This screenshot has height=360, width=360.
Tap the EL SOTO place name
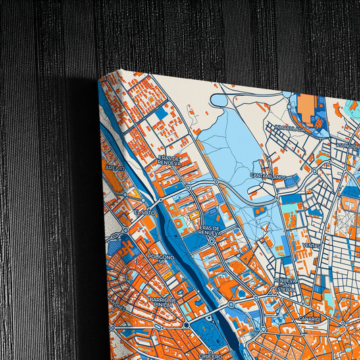coord(145,213)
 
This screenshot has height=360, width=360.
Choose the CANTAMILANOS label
coord(268,177)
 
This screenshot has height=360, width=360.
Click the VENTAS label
coord(312,245)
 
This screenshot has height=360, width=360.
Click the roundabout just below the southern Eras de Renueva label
coord(212,240)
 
